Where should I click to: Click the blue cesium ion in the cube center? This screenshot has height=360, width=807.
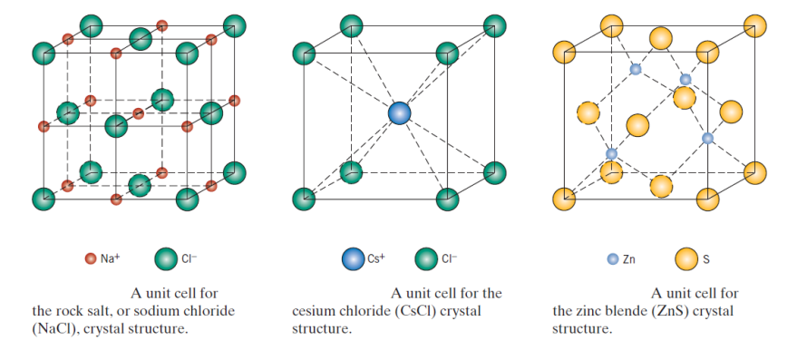pos(399,113)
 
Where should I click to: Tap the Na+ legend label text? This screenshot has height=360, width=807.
pos(111,258)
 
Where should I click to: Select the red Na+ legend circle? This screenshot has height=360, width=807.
pos(90,258)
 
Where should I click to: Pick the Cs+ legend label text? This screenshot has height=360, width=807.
pos(376,258)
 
